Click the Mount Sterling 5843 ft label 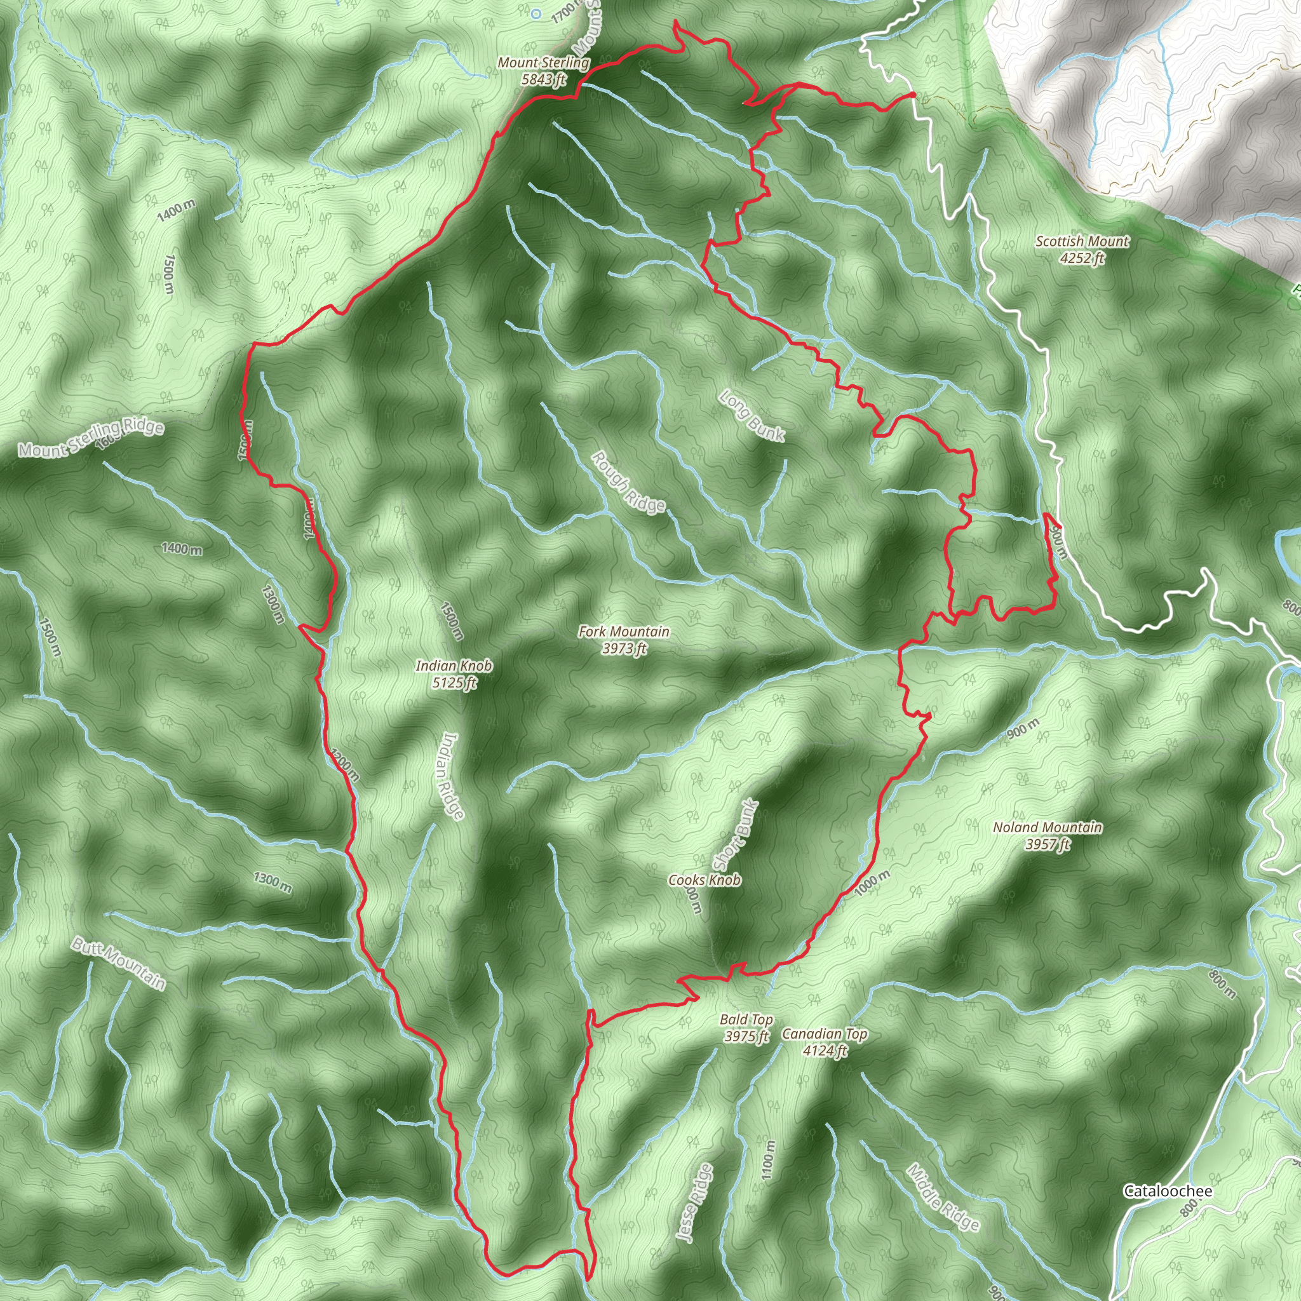pyautogui.click(x=543, y=71)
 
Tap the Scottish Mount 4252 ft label pyautogui.click(x=1081, y=249)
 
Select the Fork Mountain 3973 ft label pyautogui.click(x=624, y=640)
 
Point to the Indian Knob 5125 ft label pyautogui.click(x=454, y=674)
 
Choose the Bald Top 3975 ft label pyautogui.click(x=746, y=1028)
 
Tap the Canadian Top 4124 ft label pyautogui.click(x=824, y=1042)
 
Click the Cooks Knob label pyautogui.click(x=704, y=880)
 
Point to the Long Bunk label pyautogui.click(x=752, y=416)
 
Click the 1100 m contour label pyautogui.click(x=769, y=1159)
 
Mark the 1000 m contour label pyautogui.click(x=872, y=883)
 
